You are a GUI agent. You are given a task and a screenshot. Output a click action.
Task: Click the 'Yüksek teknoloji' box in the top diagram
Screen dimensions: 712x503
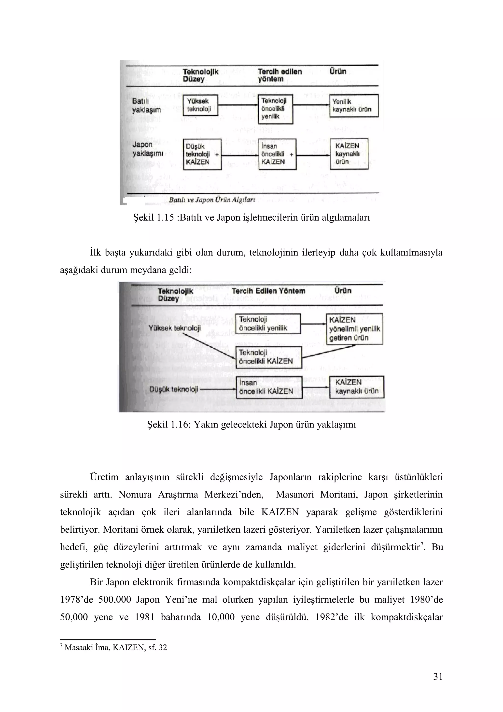pos(200,105)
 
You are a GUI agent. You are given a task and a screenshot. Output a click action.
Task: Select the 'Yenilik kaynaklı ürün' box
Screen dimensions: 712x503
pos(354,106)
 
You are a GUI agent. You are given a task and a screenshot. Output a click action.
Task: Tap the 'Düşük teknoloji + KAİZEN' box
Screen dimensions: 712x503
pos(202,154)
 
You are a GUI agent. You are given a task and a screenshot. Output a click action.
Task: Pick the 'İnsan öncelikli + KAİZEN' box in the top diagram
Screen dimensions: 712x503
pos(277,154)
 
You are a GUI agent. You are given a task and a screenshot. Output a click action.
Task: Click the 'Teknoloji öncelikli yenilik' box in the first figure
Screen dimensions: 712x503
pos(276,109)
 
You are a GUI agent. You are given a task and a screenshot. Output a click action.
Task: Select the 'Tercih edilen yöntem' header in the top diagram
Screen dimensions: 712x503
pos(279,75)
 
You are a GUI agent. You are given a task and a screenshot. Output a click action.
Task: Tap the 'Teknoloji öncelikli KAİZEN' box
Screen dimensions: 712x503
pos(268,357)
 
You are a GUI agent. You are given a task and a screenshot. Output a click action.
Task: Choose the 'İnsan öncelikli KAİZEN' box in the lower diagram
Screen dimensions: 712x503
pos(269,387)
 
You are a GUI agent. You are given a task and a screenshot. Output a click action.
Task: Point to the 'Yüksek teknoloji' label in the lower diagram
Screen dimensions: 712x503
pos(174,328)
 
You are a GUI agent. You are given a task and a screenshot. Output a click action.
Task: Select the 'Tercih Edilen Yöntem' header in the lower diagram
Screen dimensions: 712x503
pos(268,291)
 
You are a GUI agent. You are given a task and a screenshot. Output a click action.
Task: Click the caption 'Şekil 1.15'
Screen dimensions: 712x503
pos(251,217)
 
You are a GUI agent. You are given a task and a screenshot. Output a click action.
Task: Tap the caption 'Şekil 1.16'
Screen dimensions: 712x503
pos(251,424)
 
